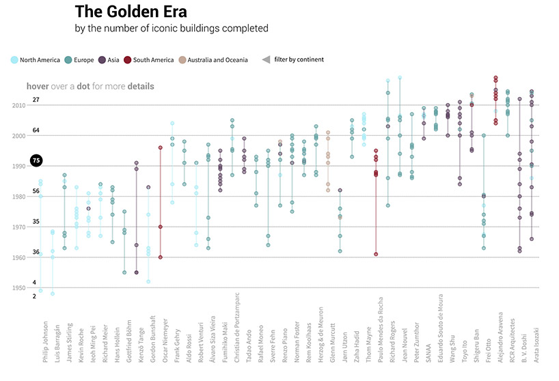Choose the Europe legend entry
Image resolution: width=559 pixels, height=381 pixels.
pos(83,60)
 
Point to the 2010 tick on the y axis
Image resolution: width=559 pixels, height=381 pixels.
pos(18,106)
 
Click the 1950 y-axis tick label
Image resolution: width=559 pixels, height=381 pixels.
pos(18,288)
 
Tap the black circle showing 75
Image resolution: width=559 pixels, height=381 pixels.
pos(36,162)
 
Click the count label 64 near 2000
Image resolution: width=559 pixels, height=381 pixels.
pos(36,130)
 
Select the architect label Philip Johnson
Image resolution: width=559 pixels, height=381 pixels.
pos(45,341)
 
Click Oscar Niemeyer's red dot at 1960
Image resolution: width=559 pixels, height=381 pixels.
pos(160,257)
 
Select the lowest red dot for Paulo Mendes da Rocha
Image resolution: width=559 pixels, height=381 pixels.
pos(375,254)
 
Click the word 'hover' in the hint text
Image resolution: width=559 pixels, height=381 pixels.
pos(37,86)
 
